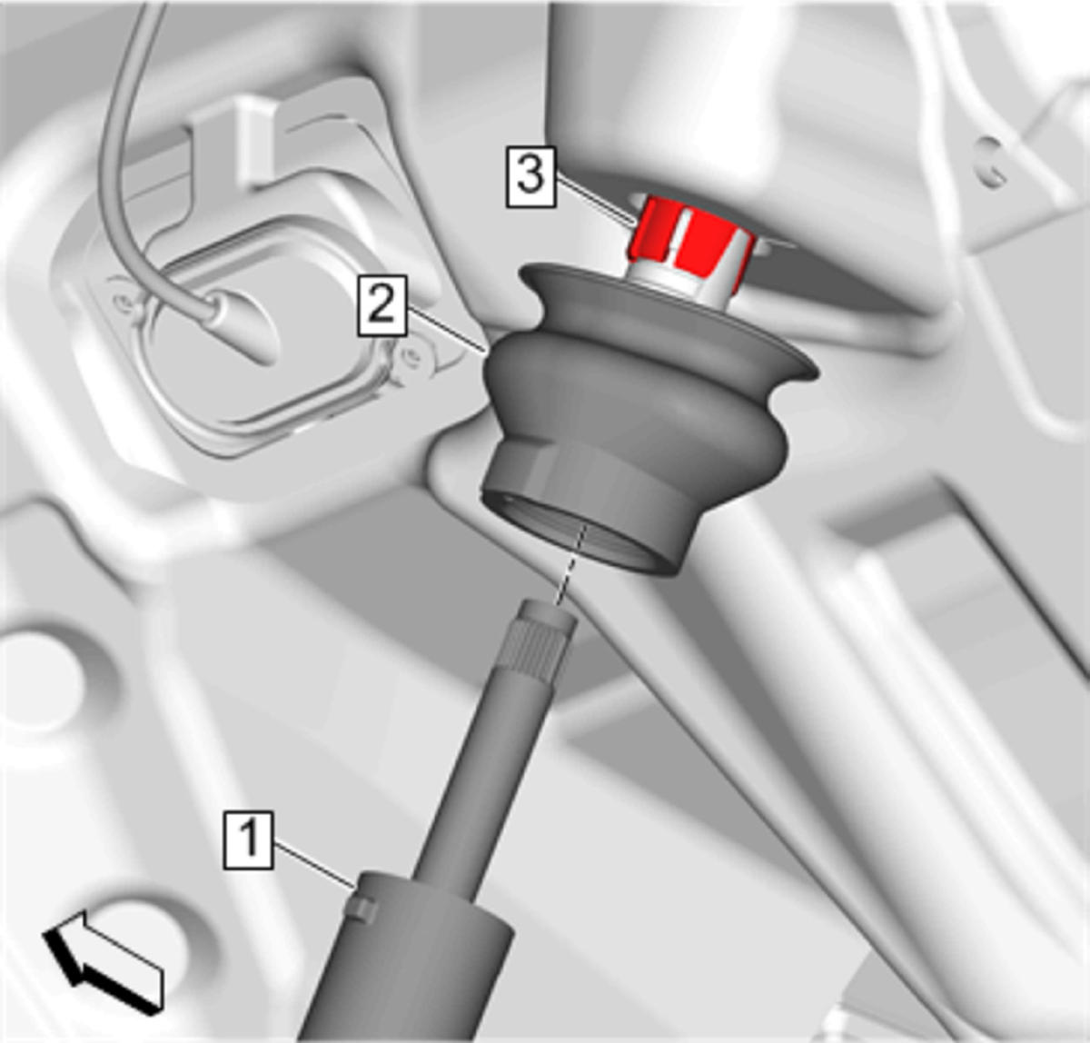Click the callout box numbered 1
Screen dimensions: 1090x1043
coord(249,840)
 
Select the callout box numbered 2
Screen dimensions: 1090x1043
coord(382,305)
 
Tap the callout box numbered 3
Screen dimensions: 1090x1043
coord(531,177)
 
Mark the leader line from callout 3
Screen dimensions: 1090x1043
coord(595,200)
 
